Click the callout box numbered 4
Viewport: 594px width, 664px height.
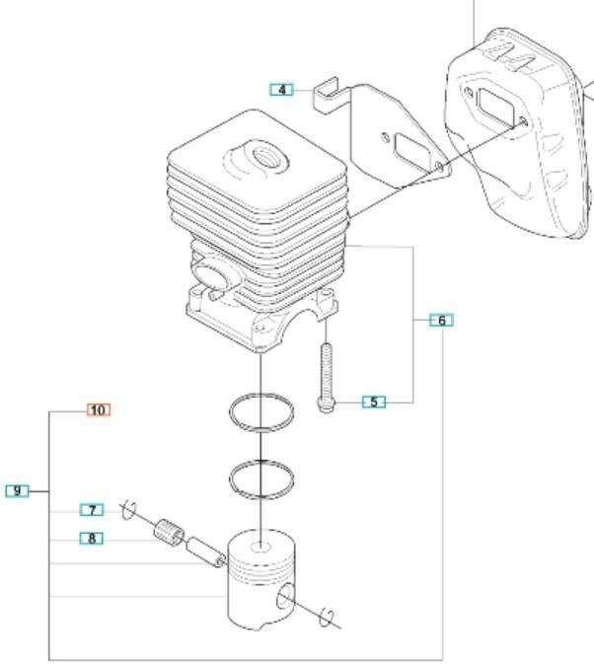point(281,90)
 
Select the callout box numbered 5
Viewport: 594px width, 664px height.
point(374,402)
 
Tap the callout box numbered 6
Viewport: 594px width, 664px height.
point(441,320)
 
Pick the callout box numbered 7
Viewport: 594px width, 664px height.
point(92,510)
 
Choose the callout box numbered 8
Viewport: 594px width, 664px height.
point(92,539)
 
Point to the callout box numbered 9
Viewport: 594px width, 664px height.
point(18,490)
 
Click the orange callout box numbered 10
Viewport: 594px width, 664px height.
point(99,409)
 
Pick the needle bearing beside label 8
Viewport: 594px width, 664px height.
point(170,531)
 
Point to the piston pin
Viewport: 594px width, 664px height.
point(206,553)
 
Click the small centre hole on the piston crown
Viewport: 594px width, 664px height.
point(260,548)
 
